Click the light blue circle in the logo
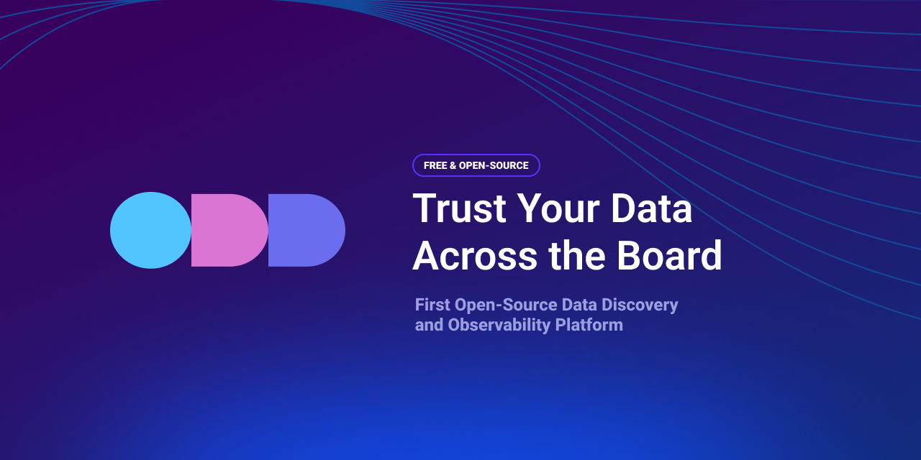point(150,230)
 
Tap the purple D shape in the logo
point(307,230)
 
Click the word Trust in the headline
point(459,208)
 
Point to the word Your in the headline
point(558,208)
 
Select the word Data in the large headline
point(652,208)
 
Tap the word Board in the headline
point(669,255)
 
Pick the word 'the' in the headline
point(577,255)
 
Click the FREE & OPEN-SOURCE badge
point(476,165)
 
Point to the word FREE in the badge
point(435,165)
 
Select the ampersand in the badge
point(453,165)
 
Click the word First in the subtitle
point(432,305)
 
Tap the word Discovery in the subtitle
point(640,305)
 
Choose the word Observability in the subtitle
point(499,326)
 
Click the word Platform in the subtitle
point(589,325)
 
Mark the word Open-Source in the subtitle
point(506,305)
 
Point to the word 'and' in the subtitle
point(430,326)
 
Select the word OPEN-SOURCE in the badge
point(494,165)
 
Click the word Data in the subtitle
point(579,305)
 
